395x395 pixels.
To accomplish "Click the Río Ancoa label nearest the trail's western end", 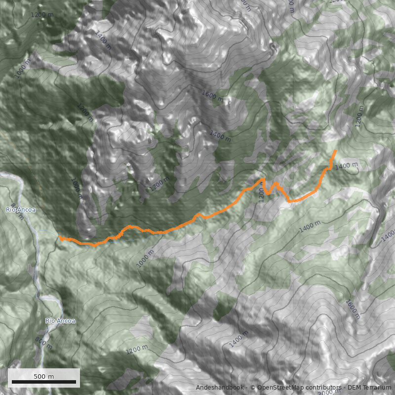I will (x=21, y=210).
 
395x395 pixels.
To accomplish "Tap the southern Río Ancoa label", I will (x=60, y=321).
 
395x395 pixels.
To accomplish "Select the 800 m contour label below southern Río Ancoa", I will (x=43, y=342).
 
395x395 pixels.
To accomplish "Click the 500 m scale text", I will (x=44, y=376).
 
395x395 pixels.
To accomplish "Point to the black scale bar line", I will (x=44, y=382).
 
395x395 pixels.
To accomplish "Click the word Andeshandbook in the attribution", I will (x=220, y=388).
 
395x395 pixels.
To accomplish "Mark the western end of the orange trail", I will (x=60, y=237).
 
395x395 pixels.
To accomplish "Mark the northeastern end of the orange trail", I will (x=336, y=151).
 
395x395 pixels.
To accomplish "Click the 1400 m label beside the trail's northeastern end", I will (x=346, y=166).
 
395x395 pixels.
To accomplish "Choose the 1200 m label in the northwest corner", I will (x=42, y=15).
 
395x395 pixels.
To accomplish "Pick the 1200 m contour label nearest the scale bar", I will (x=136, y=349).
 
